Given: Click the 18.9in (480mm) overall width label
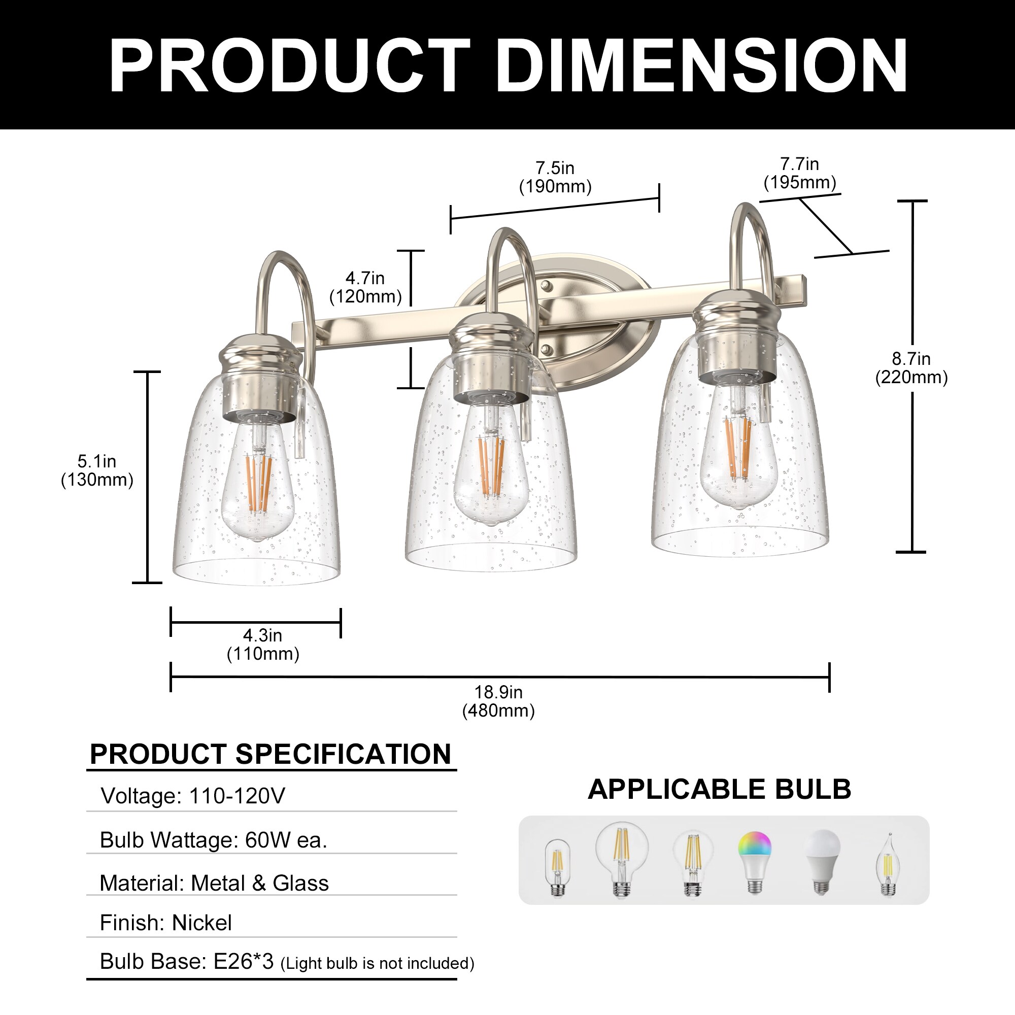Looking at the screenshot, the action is click(x=498, y=701).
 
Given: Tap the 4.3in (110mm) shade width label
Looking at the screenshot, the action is click(x=263, y=645).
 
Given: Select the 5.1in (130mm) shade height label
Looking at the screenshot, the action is click(x=97, y=470).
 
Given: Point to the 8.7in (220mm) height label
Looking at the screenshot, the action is click(x=911, y=368).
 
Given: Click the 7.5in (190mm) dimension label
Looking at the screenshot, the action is click(x=555, y=177).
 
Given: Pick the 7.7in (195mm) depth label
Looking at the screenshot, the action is click(x=800, y=174).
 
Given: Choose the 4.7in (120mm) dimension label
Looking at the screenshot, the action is click(x=365, y=287).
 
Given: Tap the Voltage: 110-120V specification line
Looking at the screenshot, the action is click(x=193, y=795).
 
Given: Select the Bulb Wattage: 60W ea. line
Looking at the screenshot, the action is click(x=213, y=839).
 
